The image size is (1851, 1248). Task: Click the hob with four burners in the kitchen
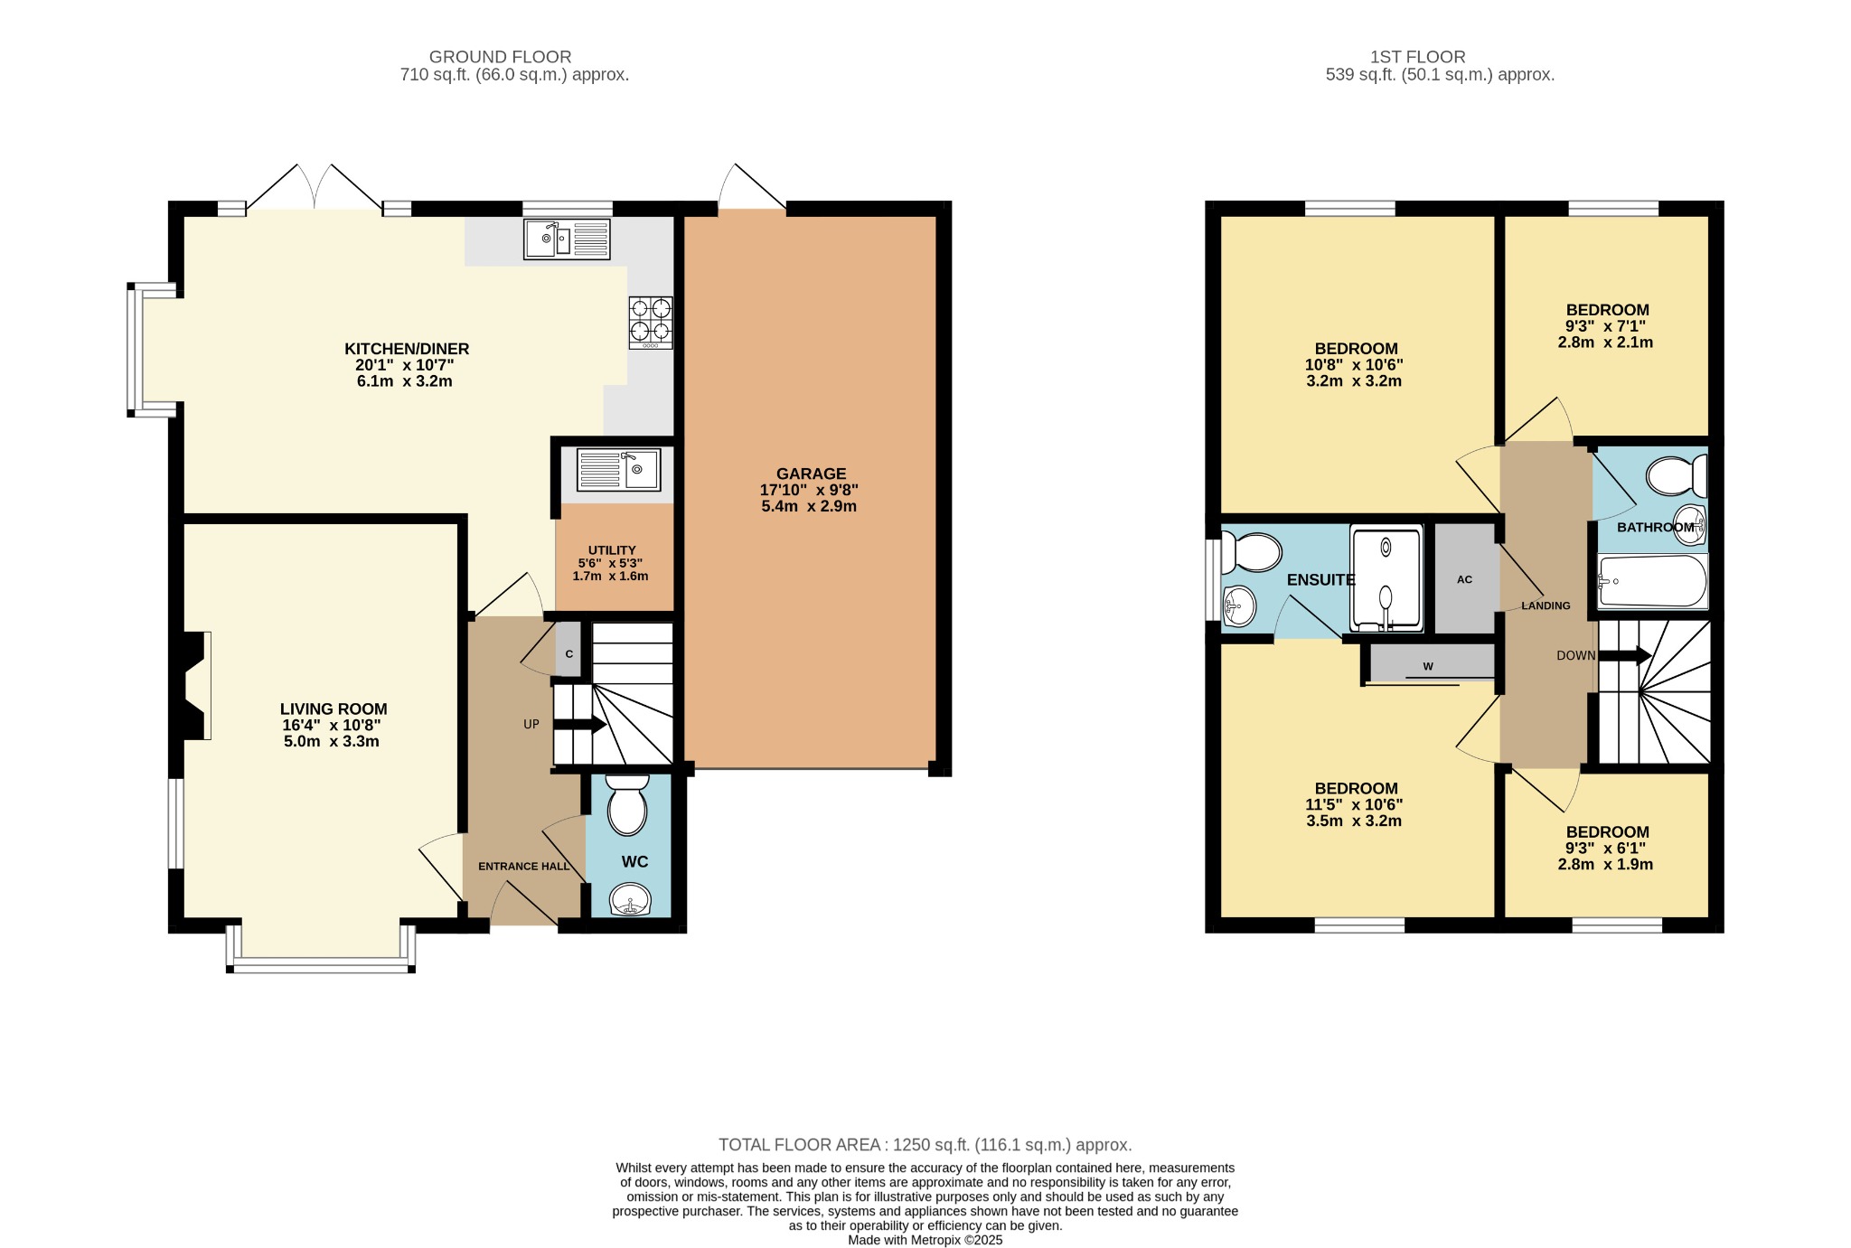[651, 323]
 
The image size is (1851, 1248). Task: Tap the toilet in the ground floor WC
[627, 804]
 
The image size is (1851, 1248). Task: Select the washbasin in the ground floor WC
[629, 900]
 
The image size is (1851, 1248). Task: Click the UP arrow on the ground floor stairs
[579, 724]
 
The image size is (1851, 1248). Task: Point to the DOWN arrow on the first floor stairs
[1625, 656]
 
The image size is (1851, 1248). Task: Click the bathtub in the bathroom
[1653, 581]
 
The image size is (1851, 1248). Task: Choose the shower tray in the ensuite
[1386, 578]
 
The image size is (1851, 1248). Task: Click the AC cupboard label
[1464, 579]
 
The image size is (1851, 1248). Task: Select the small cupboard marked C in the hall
[568, 649]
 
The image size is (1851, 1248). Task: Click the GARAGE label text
[811, 474]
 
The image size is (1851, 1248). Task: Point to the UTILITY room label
[612, 549]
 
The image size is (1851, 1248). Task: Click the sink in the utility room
[618, 469]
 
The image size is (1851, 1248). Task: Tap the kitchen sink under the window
[567, 239]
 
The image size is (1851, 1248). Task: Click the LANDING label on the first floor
[1546, 605]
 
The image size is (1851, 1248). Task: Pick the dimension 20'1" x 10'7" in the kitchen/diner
[404, 365]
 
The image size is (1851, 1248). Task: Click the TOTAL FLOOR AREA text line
[925, 1145]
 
